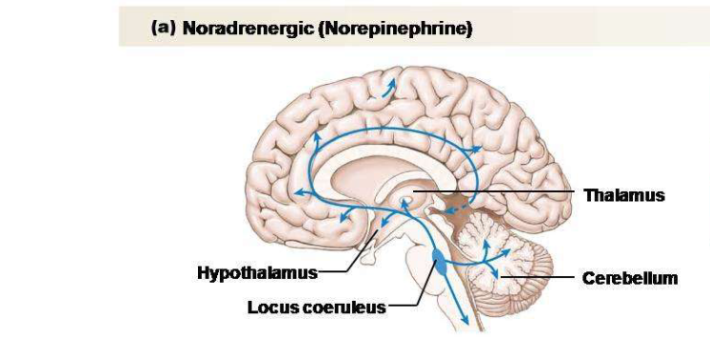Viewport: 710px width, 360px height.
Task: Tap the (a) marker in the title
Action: (x=162, y=30)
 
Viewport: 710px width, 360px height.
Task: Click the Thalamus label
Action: (x=623, y=195)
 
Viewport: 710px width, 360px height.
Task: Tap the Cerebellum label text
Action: (x=629, y=279)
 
